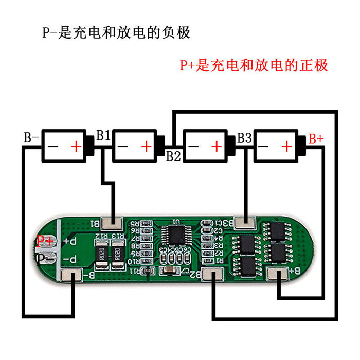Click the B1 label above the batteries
click(x=103, y=136)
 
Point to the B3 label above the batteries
click(x=244, y=138)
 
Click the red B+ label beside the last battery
click(x=315, y=139)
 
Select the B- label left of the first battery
click(x=31, y=137)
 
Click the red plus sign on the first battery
click(x=76, y=147)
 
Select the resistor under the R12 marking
click(x=102, y=253)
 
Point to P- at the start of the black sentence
click(x=50, y=32)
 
